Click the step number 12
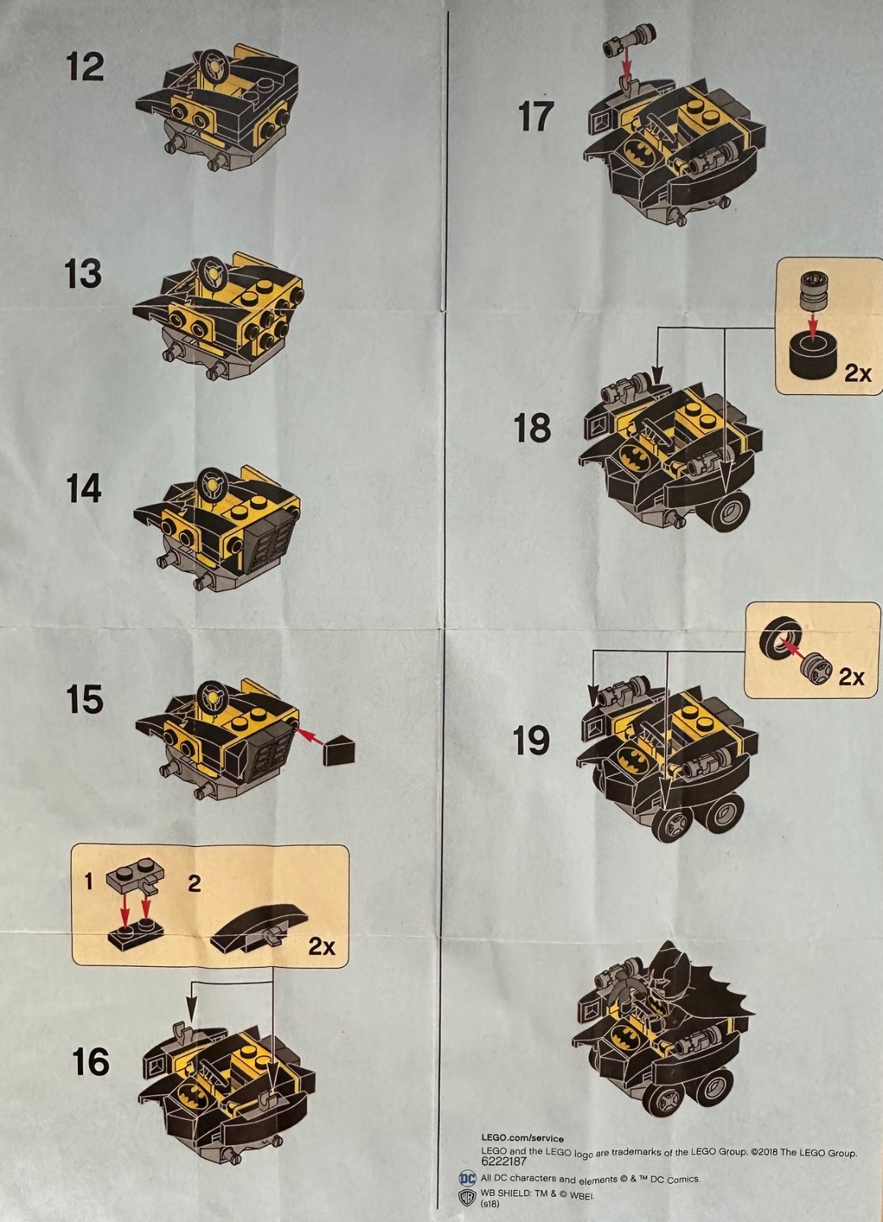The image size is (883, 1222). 85,67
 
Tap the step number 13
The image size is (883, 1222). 83,273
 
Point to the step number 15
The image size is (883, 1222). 85,699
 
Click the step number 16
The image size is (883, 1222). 91,1062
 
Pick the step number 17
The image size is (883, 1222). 535,116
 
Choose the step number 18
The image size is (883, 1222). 532,428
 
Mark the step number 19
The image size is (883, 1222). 532,740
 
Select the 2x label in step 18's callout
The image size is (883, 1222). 857,373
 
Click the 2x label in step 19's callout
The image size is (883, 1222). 852,677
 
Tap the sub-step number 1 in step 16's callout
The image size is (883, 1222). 89,881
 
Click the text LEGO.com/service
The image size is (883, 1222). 522,1139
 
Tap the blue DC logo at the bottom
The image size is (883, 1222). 467,1178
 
